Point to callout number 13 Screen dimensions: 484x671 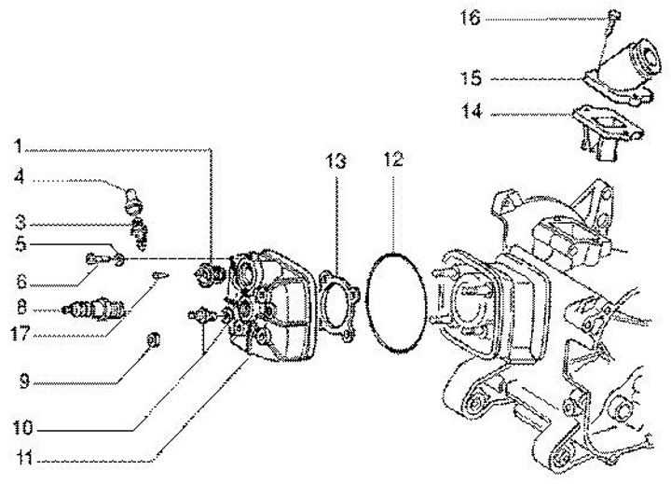(335, 160)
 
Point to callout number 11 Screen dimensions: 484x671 (19, 459)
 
